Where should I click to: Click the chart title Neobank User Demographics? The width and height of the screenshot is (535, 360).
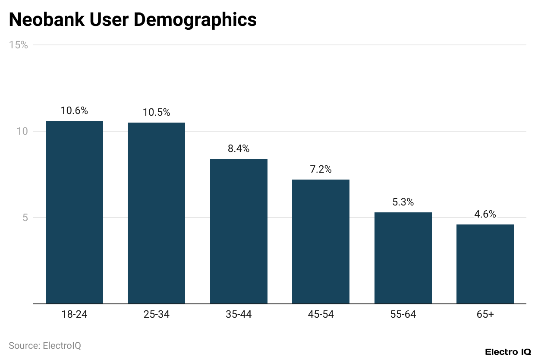coord(132,20)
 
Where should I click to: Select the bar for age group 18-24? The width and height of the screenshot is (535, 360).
coord(74,212)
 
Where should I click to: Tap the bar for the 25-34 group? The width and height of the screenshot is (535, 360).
coord(156,213)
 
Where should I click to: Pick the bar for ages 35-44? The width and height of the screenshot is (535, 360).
coord(239,231)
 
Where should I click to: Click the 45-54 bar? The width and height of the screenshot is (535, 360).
coord(321,242)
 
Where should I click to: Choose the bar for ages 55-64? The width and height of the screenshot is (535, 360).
coord(403,258)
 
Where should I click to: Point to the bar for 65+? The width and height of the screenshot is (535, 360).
coord(485,264)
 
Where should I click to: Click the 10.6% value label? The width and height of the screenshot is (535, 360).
coord(74,111)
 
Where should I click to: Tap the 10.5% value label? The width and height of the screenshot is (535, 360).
coord(156,113)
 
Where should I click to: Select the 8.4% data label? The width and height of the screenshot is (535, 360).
coord(239,149)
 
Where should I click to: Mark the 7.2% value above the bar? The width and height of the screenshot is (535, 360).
coord(321,170)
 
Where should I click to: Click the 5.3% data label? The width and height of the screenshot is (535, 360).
coord(403,202)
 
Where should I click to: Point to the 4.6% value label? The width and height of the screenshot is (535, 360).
coord(485,215)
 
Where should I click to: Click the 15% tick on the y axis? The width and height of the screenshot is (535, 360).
coord(19,45)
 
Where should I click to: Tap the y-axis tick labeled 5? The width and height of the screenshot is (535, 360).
coord(25,218)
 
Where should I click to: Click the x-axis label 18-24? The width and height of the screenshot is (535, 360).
coord(74,315)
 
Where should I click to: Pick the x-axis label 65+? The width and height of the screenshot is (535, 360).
coord(485,315)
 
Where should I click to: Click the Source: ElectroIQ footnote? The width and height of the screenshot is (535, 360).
coord(45,346)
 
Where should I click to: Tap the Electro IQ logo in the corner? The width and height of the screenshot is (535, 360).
coord(507,352)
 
